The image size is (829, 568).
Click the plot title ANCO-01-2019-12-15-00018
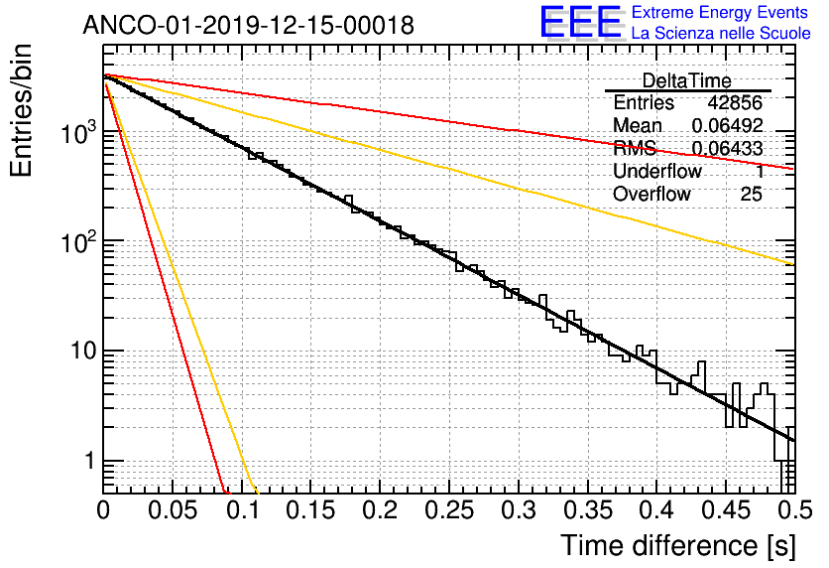248,26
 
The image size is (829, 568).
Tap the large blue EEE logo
581,23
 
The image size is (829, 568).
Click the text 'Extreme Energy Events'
721,13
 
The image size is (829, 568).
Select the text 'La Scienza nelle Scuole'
721,34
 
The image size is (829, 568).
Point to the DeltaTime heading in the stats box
687,80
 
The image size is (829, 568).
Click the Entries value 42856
735,103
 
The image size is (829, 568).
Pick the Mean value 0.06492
727,126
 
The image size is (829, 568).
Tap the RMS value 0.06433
727,149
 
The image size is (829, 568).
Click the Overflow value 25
751,195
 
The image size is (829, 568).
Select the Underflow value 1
759,172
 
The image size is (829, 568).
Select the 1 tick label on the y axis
88,462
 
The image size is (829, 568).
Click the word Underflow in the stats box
657,172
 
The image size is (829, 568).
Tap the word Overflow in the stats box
651,195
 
